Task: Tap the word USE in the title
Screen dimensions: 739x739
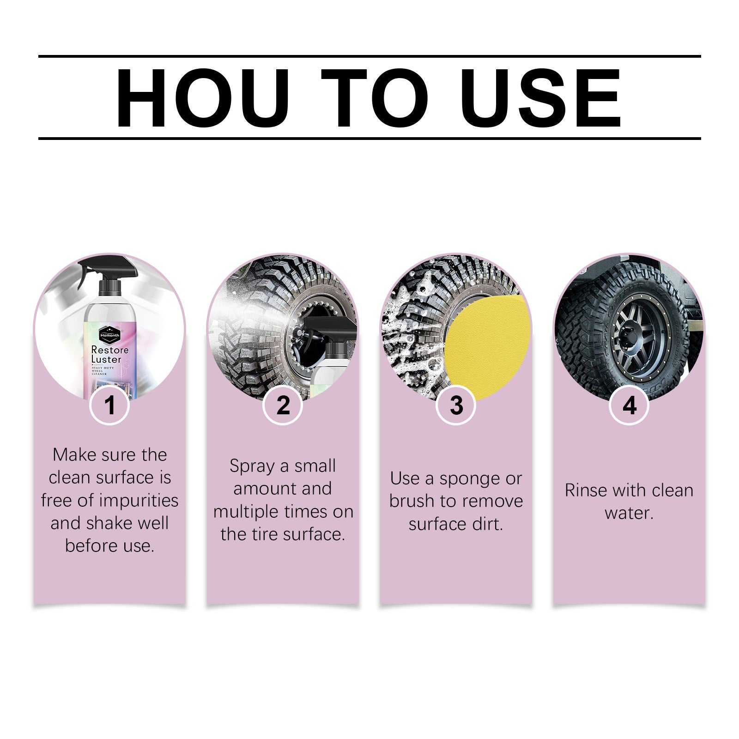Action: [x=540, y=98]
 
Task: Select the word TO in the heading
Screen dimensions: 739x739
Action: [x=375, y=98]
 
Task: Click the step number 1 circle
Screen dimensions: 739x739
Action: [x=109, y=406]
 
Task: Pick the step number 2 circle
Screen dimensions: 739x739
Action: [x=283, y=406]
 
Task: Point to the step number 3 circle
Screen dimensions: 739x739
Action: [x=456, y=406]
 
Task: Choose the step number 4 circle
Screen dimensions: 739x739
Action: [x=629, y=406]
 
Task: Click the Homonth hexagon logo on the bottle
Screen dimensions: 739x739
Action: [x=109, y=335]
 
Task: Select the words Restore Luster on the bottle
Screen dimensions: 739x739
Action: [x=109, y=355]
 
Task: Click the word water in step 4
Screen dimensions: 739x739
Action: [x=629, y=513]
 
